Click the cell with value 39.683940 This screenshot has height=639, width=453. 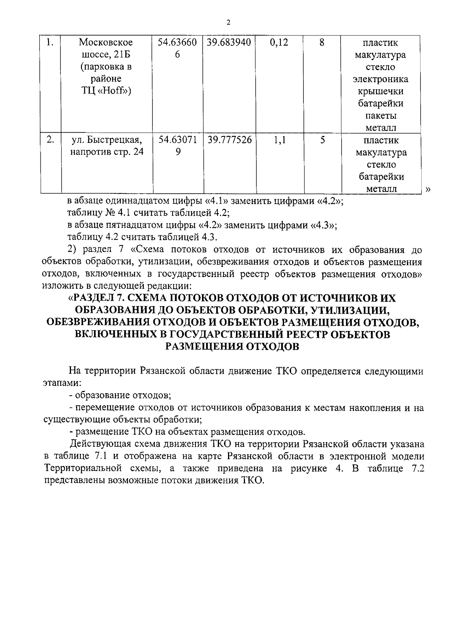229,43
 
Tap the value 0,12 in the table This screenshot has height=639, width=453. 279,43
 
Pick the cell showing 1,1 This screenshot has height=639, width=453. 279,140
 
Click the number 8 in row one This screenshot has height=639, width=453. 322,43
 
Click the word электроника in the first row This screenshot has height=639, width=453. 380,79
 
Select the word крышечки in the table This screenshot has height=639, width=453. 381,92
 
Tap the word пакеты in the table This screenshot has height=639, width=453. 381,116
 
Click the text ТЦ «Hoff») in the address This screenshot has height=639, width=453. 106,92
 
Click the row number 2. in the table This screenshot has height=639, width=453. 50,140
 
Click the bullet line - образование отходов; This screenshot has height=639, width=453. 121,395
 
